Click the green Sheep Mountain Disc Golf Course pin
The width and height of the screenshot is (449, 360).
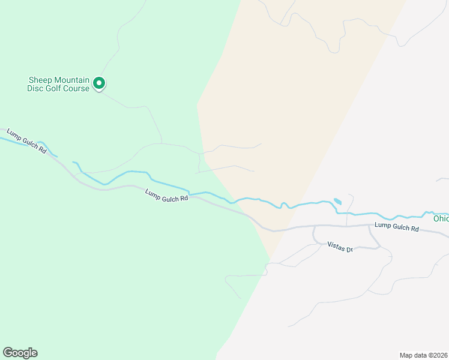pyautogui.click(x=100, y=84)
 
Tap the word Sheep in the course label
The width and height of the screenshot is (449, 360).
pyautogui.click(x=40, y=80)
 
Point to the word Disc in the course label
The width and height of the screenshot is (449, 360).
pyautogui.click(x=35, y=88)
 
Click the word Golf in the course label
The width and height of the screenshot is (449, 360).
pyautogui.click(x=53, y=88)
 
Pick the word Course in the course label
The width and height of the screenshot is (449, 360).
pyautogui.click(x=77, y=88)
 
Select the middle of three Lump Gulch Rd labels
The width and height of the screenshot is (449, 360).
pyautogui.click(x=167, y=196)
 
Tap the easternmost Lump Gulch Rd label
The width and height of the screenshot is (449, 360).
pyautogui.click(x=396, y=225)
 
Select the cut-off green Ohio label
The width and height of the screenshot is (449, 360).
pyautogui.click(x=441, y=218)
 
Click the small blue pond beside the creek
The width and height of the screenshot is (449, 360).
pyautogui.click(x=337, y=201)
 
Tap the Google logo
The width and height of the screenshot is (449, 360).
pyautogui.click(x=20, y=353)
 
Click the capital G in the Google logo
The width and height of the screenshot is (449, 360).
pyautogui.click(x=8, y=353)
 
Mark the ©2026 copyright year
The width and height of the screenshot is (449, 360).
pyautogui.click(x=438, y=355)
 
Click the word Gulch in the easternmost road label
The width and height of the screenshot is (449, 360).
pyautogui.click(x=398, y=225)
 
